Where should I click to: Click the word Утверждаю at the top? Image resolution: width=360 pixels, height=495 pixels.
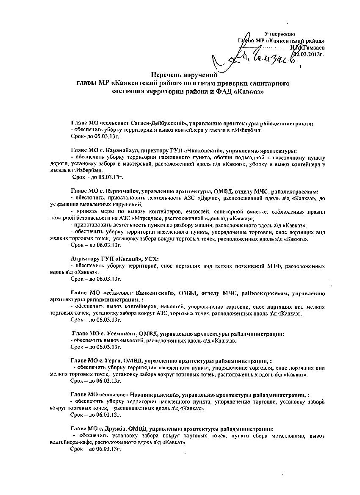[280, 34]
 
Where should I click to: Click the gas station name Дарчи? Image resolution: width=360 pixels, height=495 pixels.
[216, 198]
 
